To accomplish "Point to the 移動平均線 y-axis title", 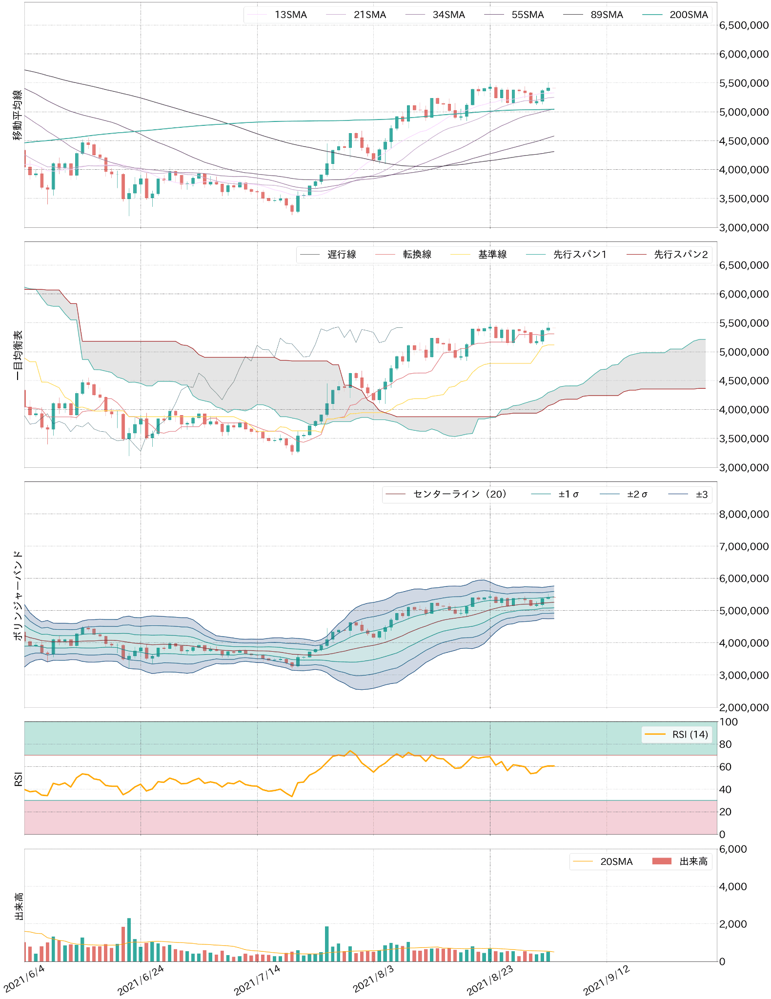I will (x=18, y=115).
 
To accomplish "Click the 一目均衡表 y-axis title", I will (x=18, y=355).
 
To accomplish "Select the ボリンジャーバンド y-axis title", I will (x=18, y=595).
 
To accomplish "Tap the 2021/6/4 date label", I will (x=24, y=978).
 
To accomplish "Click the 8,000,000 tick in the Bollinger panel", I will (x=744, y=514).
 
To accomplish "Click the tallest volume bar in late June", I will (x=129, y=939).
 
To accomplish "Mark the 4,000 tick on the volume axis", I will (x=733, y=886).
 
